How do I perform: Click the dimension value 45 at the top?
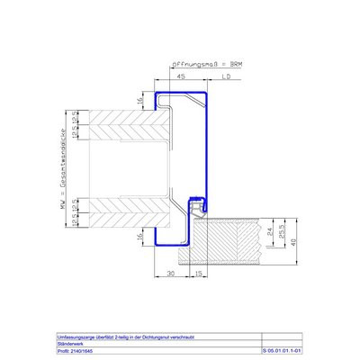pyautogui.click(x=181, y=77)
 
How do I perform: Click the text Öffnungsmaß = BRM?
pyautogui.click(x=208, y=64)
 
